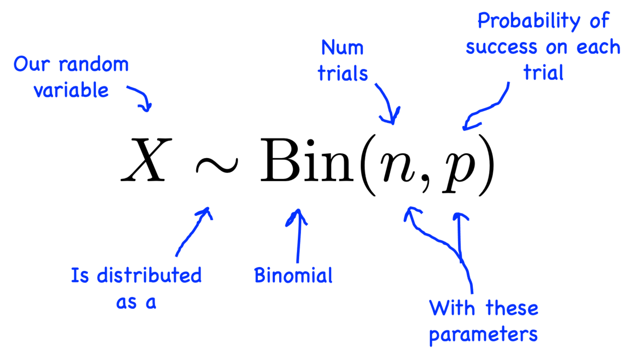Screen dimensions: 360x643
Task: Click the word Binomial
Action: [293, 275]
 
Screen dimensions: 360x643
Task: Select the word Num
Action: [342, 47]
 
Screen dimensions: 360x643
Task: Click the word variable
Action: [71, 90]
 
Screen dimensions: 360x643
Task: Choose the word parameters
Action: [483, 334]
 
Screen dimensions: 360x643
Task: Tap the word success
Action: [501, 47]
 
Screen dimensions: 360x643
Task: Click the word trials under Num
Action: [343, 73]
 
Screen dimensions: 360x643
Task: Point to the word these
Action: [512, 308]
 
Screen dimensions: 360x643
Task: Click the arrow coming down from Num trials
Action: [388, 104]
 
